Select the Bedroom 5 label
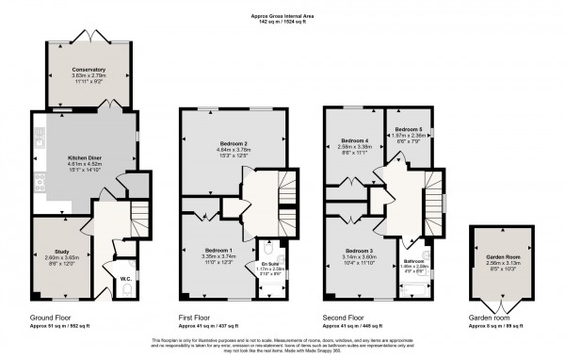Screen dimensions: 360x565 (x=408, y=128)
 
